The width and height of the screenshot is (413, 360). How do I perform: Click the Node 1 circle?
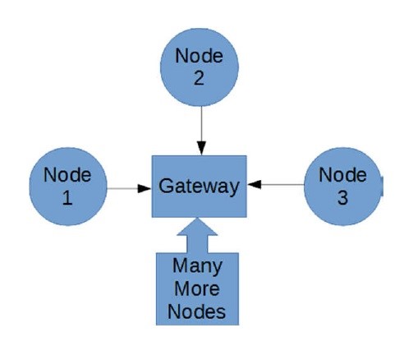68,187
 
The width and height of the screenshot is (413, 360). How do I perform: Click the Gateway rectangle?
200,186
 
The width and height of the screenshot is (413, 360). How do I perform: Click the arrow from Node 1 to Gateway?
128,187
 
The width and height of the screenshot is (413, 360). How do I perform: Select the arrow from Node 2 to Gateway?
200,131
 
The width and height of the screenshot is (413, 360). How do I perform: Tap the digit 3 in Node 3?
342,197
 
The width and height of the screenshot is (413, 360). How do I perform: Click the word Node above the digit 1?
67,175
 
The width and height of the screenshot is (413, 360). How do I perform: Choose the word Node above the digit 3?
342,174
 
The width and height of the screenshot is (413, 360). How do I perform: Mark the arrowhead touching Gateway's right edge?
255,185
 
